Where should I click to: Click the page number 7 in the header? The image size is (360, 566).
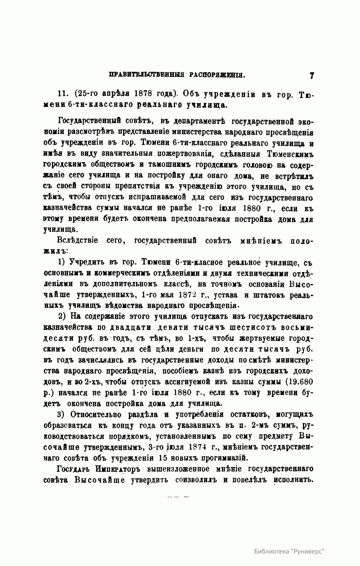tap(312, 75)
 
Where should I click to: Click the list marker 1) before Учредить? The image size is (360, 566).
tap(62, 263)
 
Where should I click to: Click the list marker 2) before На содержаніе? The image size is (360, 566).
tap(62, 317)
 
